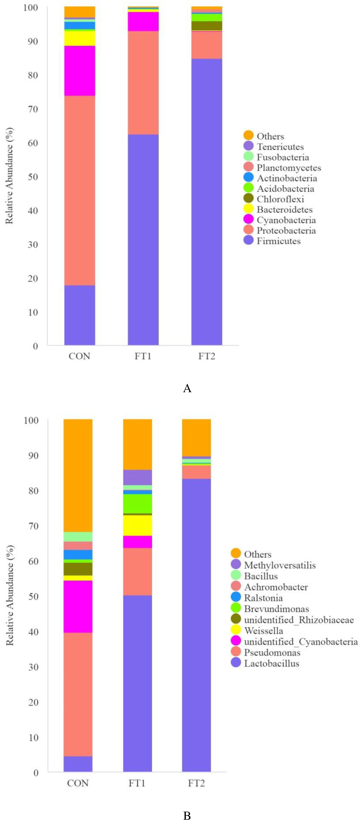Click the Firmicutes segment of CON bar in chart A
[80, 315]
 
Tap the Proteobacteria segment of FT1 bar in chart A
[143, 82]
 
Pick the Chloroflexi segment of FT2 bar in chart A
[207, 25]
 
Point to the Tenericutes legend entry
[280, 147]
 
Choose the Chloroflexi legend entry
[280, 199]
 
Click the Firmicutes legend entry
[278, 241]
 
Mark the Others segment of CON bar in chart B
[78, 475]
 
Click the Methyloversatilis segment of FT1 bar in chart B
[137, 477]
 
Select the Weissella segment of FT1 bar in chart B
[137, 525]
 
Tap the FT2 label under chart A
[207, 356]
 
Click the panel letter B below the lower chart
[187, 815]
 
